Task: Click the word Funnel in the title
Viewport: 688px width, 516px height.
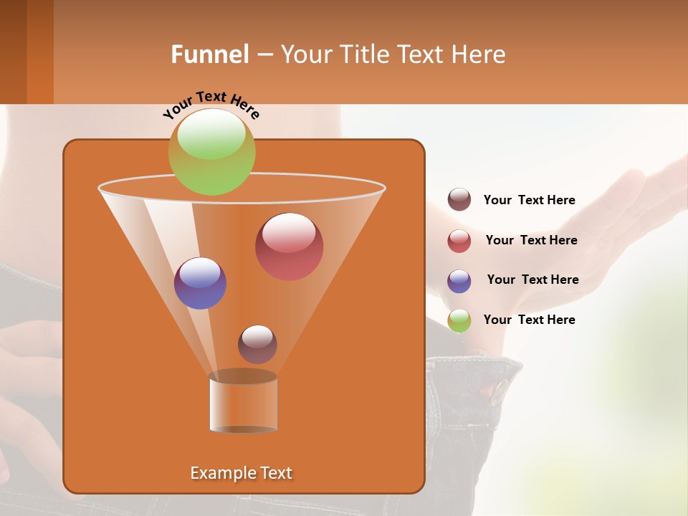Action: (x=209, y=54)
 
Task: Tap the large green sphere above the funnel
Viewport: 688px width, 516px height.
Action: (x=212, y=151)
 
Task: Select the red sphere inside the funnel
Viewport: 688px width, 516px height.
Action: (x=289, y=247)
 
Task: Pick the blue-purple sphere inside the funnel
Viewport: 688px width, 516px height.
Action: (x=200, y=283)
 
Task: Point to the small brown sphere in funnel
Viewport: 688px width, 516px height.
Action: (x=257, y=344)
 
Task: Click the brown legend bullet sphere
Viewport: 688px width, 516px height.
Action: (x=459, y=200)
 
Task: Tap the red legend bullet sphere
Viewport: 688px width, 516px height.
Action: (x=459, y=240)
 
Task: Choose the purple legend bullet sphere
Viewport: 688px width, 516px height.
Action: (x=459, y=280)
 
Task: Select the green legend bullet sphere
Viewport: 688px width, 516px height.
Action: (x=459, y=320)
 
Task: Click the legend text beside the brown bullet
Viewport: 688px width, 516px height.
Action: (x=529, y=200)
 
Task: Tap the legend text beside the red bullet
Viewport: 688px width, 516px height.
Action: (x=531, y=240)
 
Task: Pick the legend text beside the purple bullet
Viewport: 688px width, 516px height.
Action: (x=532, y=279)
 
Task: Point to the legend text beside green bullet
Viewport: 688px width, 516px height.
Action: (x=529, y=320)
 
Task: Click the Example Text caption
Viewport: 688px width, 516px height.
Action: (x=241, y=473)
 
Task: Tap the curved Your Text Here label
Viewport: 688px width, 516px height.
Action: (x=211, y=105)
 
